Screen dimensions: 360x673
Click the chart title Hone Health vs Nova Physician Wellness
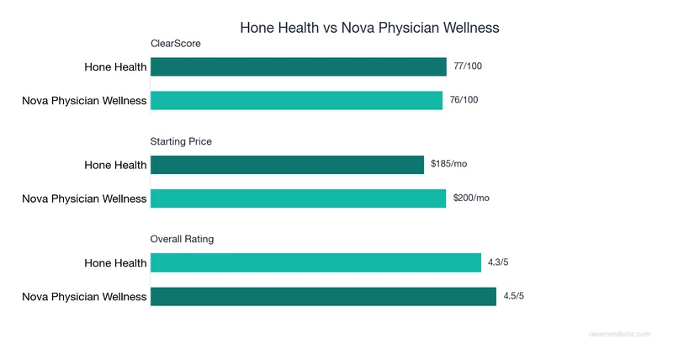tap(369, 28)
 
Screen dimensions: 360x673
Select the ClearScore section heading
tap(175, 44)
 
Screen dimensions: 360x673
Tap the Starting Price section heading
tap(181, 141)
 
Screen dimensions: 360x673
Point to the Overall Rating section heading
tap(182, 239)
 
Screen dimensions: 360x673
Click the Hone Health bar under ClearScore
tap(299, 66)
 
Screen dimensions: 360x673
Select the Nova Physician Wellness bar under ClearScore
tap(296, 100)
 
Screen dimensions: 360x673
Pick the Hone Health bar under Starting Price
tap(287, 165)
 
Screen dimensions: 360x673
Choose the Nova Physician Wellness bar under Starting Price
tap(298, 199)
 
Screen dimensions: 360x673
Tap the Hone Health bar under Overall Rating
tap(315, 263)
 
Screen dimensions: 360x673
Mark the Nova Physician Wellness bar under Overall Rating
tap(323, 296)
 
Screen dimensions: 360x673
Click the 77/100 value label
tap(468, 66)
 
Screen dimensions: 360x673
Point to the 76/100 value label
tap(464, 100)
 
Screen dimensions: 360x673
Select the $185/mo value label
tap(448, 164)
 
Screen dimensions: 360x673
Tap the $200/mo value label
tap(471, 198)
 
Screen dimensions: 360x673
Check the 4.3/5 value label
tap(498, 262)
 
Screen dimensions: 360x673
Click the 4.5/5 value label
tap(514, 296)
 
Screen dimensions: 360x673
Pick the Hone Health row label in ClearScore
tap(115, 67)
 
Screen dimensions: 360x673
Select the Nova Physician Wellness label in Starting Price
tap(84, 199)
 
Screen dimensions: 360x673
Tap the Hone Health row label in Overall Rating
tap(115, 263)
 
